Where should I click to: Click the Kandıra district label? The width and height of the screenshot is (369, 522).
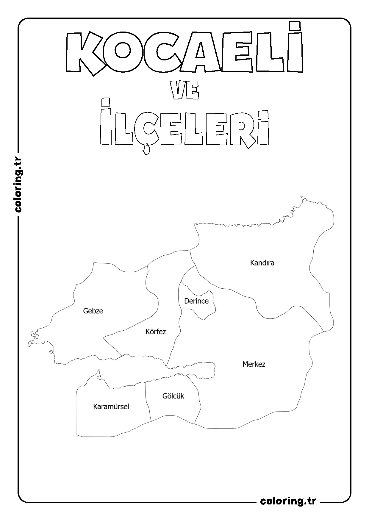262,263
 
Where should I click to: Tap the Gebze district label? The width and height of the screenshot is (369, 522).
93,311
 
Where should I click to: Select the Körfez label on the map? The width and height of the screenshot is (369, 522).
156,332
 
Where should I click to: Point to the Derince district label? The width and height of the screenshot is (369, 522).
196,301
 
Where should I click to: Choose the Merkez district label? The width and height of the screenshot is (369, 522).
254,364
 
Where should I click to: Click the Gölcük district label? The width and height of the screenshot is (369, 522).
173,396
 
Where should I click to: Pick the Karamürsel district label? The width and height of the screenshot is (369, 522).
111,407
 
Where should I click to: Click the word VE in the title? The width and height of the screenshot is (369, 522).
185,92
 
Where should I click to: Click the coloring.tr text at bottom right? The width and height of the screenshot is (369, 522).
288,501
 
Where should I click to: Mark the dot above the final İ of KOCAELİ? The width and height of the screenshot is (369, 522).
295,26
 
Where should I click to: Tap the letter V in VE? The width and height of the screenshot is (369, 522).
178,92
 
